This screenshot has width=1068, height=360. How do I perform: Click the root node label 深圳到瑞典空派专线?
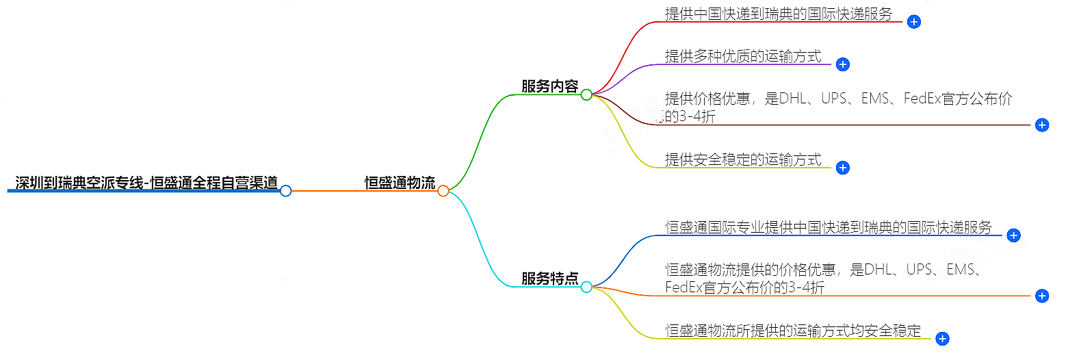pos(146,183)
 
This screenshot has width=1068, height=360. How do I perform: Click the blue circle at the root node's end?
pos(286,191)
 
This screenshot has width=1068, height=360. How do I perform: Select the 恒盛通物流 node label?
pos(400,183)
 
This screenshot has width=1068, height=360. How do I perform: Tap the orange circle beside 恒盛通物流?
pos(443,191)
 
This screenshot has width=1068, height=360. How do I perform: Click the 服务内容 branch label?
pos(549,87)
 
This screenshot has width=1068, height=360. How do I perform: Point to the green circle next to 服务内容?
pos(586,95)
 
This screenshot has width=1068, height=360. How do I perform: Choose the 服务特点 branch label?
pos(549,279)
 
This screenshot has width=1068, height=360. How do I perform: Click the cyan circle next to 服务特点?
pos(586,287)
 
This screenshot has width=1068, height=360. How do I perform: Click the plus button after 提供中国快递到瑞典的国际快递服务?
pos(913,22)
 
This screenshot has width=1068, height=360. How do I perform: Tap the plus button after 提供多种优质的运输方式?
pos(843,64)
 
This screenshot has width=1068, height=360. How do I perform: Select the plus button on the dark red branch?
pos(1041,125)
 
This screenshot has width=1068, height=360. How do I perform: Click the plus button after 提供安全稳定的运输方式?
pos(843,168)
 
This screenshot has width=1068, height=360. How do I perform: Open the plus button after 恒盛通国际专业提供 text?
pos(1013,235)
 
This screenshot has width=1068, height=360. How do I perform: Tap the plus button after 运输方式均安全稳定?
pos(942,338)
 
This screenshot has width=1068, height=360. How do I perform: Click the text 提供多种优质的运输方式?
pos(743,56)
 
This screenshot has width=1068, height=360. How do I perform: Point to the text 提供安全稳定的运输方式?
pos(743,159)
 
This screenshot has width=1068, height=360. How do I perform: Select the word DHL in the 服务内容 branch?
pos(797,99)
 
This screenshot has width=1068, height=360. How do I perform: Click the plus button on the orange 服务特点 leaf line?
pos(1041,296)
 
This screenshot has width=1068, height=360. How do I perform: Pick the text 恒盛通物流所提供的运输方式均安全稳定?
pos(793,331)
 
